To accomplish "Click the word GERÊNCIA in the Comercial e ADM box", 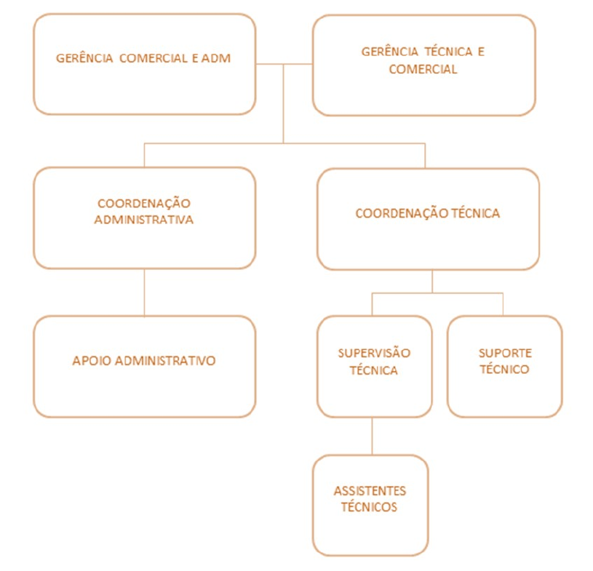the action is pos(84,58).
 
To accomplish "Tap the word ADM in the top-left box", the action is pos(216,58).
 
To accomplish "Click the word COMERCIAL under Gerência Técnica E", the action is pos(423,69).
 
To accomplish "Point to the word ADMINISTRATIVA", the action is pos(144,220).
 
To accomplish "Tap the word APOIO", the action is pos(92,361).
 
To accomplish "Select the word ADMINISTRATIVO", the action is pos(165,361).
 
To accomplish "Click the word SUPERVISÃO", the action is pos(374,354).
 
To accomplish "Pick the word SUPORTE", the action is pos(505,354).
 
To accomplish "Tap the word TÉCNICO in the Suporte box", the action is pos(504,370).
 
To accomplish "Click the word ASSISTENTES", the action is pos(370,491).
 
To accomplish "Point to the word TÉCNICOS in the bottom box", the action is pos(369,507).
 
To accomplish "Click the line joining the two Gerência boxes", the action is pos(284,64).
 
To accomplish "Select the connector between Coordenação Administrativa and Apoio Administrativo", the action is pos(144,292).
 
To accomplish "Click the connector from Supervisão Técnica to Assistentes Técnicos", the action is pos(372,436).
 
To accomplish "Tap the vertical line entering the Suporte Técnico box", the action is pos(503,304).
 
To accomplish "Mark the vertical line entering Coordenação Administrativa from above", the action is pos(144,156).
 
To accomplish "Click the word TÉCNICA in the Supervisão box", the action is pos(374,370).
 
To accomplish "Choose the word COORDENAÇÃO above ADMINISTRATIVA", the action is pos(144,204).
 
